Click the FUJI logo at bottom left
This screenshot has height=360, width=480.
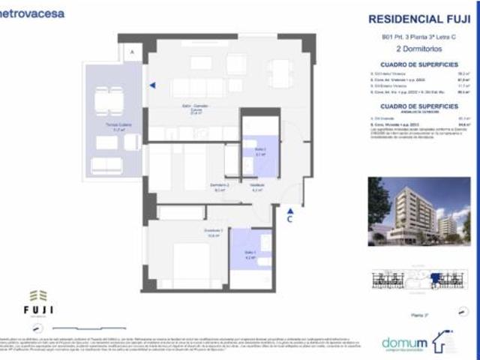[42, 304]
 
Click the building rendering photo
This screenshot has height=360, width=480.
[419, 212]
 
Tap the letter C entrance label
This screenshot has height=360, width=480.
[289, 220]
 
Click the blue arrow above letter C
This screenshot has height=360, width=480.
[289, 210]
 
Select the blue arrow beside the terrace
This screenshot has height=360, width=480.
[152, 85]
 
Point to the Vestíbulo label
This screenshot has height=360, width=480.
[256, 187]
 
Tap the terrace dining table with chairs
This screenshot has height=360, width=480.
[109, 99]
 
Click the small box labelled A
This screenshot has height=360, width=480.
[132, 52]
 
